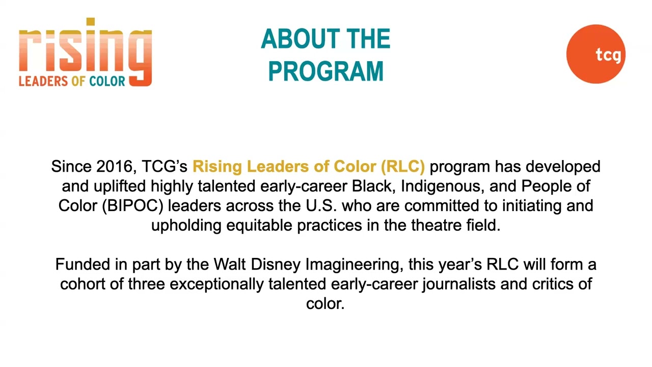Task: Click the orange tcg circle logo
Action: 595,54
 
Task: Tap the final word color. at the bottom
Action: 325,303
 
